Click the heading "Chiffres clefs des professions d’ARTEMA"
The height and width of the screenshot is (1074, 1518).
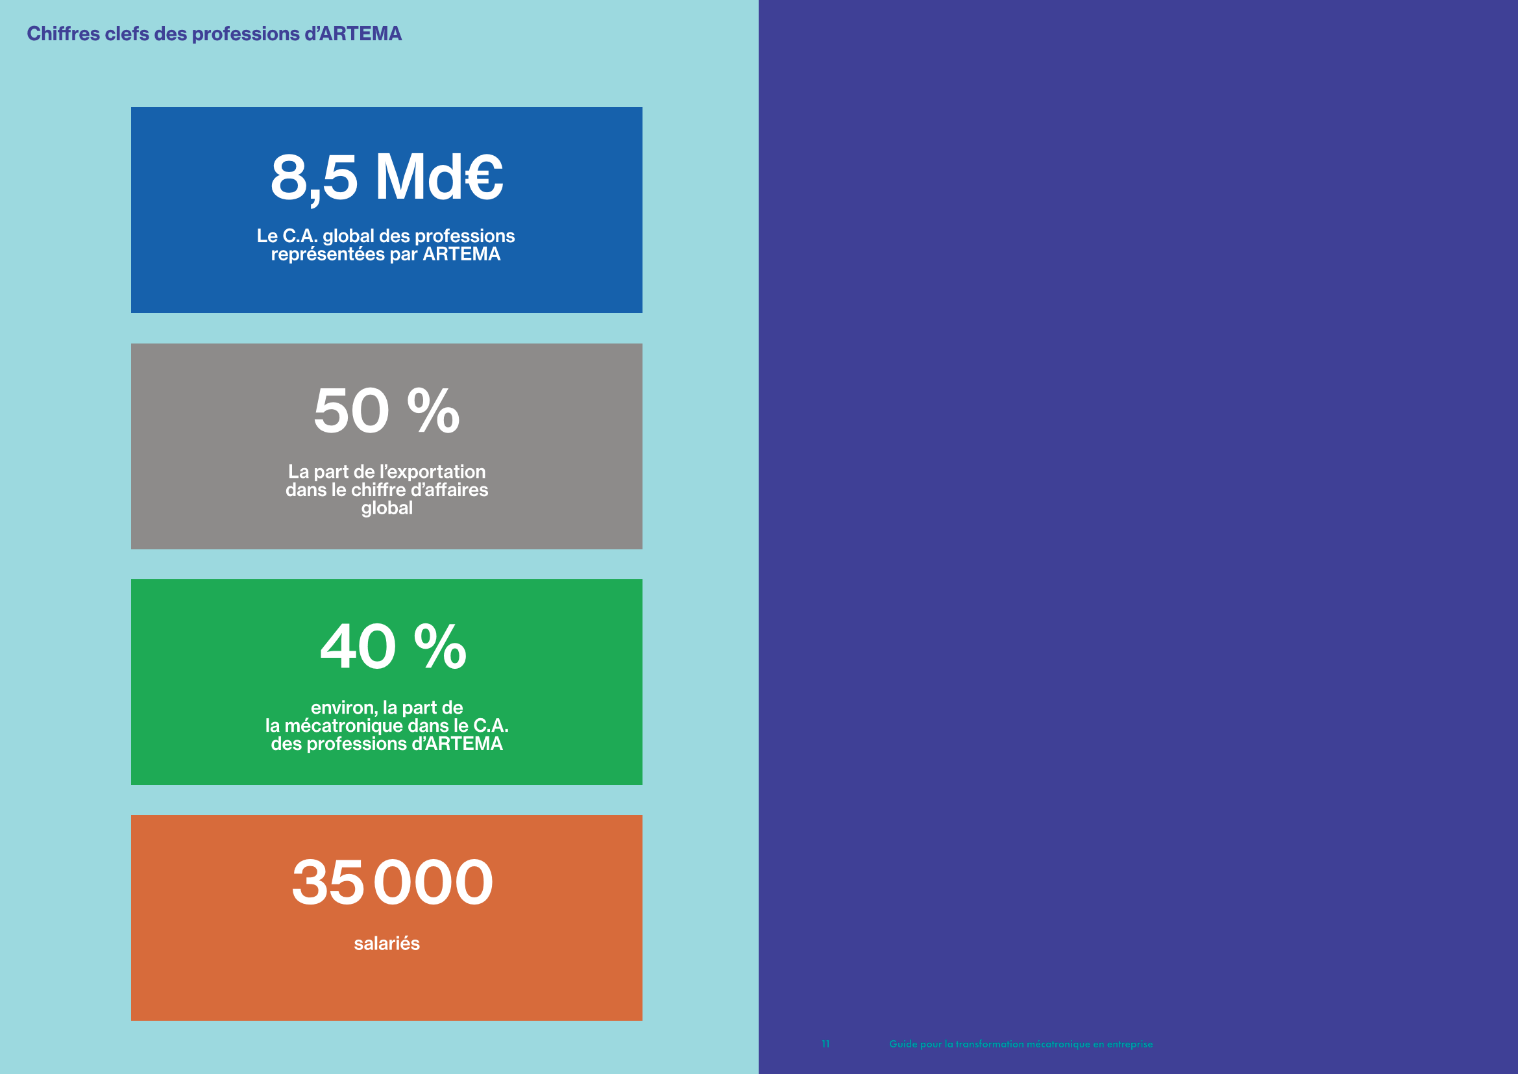214,34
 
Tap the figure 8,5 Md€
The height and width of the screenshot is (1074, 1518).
387,177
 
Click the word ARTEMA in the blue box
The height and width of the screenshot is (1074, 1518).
461,255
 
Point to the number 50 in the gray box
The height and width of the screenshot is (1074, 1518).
351,410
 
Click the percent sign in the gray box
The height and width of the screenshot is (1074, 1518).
433,410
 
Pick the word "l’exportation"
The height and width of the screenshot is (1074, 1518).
432,472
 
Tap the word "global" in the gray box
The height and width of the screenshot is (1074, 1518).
387,508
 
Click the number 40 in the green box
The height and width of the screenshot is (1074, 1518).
358,646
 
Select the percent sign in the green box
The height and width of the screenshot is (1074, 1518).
440,646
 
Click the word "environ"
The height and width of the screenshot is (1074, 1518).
344,708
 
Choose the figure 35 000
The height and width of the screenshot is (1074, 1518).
393,882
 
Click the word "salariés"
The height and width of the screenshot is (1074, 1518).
387,943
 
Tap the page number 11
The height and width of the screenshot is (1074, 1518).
826,1044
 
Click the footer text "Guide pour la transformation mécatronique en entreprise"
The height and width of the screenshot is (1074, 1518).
1021,1044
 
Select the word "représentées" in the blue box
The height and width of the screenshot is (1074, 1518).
328,255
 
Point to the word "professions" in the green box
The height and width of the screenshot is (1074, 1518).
357,745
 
